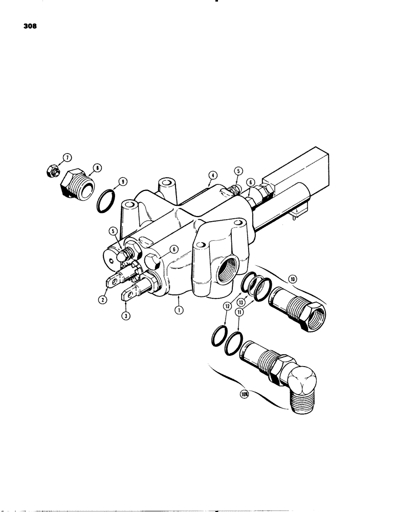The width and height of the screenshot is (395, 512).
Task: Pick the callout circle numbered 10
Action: [292, 280]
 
